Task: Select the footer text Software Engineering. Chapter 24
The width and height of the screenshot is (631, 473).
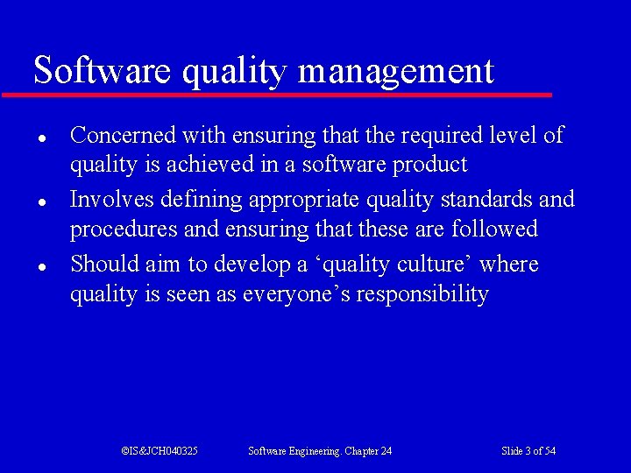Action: (320, 451)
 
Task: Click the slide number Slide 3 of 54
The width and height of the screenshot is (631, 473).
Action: (528, 451)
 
